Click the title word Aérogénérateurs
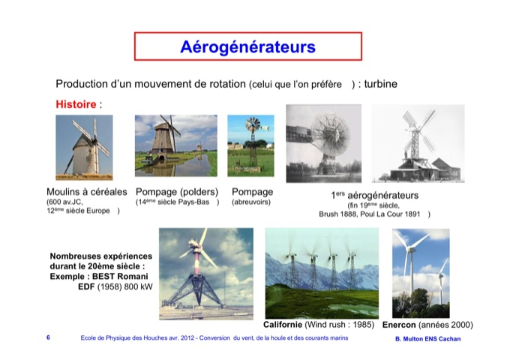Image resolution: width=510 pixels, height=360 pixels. (x=247, y=46)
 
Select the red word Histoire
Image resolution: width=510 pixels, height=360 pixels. (x=76, y=104)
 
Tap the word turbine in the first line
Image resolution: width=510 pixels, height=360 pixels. (x=380, y=84)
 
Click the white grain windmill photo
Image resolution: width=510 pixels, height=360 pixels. (x=84, y=147)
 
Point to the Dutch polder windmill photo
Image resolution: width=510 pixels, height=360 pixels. (x=176, y=145)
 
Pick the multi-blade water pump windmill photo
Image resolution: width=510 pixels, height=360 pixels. (x=250, y=145)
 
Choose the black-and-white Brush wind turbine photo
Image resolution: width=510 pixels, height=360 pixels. (x=324, y=143)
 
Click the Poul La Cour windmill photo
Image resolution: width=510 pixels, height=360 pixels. (x=418, y=143)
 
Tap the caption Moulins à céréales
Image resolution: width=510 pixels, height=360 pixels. (x=87, y=192)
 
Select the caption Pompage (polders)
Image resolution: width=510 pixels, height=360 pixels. (x=177, y=192)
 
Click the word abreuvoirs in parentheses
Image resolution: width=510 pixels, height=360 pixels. (x=251, y=202)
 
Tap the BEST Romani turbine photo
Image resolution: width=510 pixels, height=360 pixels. (x=206, y=274)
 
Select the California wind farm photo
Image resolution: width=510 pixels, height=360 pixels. (x=322, y=273)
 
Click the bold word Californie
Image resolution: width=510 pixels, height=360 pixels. (x=283, y=325)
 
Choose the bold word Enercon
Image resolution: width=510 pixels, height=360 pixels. (x=399, y=325)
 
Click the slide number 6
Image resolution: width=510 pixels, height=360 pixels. (x=48, y=337)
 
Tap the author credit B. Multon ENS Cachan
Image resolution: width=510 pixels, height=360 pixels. (x=428, y=339)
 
